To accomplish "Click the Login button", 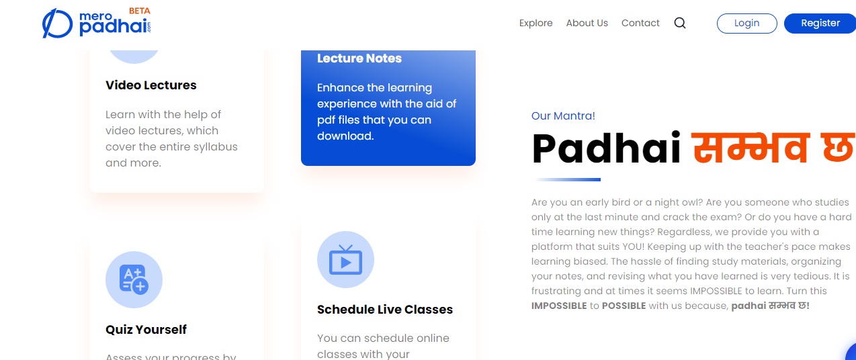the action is point(746,24).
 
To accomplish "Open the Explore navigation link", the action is point(536,24).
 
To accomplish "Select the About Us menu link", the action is point(587,23).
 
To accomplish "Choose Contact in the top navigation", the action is point(640,23).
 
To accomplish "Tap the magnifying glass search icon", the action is point(680,24).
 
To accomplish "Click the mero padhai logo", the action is point(96,23).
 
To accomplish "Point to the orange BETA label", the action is point(140,11).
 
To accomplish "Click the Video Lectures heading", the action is point(151,85).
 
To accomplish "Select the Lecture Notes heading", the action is point(359,58).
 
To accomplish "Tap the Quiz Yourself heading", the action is point(146,329).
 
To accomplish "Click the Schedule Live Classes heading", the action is point(385,309).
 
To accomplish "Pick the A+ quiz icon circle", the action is point(134,280).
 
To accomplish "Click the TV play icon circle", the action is point(345,259).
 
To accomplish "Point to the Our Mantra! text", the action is point(563,116).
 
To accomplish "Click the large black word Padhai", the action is point(607,148).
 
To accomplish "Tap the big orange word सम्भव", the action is point(751,147).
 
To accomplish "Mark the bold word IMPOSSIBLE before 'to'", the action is point(559,306).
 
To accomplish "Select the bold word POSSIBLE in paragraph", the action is point(624,306).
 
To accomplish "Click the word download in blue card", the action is point(345,136).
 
